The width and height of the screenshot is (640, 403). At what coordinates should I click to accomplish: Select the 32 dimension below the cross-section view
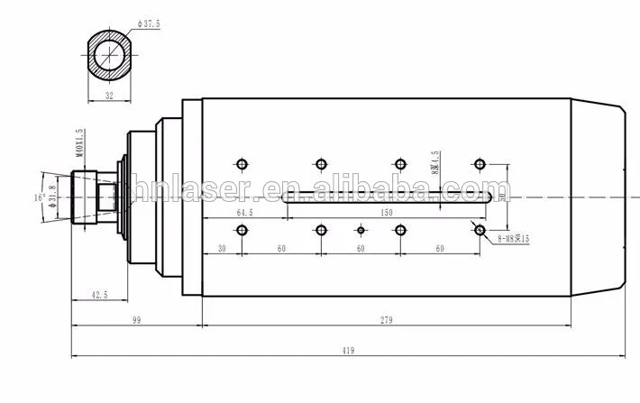pos(109,93)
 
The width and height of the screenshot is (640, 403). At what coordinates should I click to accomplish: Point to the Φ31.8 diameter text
pos(53,195)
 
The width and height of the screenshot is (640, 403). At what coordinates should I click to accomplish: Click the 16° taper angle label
pos(40,197)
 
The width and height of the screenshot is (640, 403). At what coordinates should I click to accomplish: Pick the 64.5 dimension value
pos(243,214)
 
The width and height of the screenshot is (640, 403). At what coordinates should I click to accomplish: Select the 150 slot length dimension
pos(387,214)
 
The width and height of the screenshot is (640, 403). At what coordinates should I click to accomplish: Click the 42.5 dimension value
pos(101,294)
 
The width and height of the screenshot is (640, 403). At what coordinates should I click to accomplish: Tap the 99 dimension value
pos(136,320)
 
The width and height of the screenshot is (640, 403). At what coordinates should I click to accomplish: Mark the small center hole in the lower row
pos(361,230)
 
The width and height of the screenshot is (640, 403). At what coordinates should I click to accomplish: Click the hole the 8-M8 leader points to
pos(480,230)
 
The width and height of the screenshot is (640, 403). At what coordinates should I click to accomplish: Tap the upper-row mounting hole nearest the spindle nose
pos(241,163)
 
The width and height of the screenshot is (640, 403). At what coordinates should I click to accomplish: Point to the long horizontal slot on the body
pos(387,197)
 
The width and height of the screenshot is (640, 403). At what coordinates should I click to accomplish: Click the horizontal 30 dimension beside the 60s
pos(222,248)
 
